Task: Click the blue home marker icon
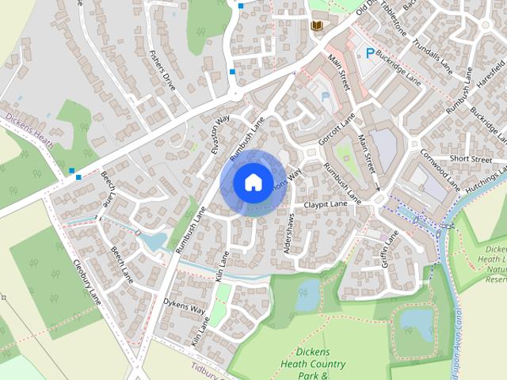click(253, 183)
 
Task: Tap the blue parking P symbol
click(368, 53)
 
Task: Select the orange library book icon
click(317, 27)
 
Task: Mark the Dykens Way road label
click(184, 305)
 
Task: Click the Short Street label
click(471, 159)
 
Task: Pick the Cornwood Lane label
click(440, 168)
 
